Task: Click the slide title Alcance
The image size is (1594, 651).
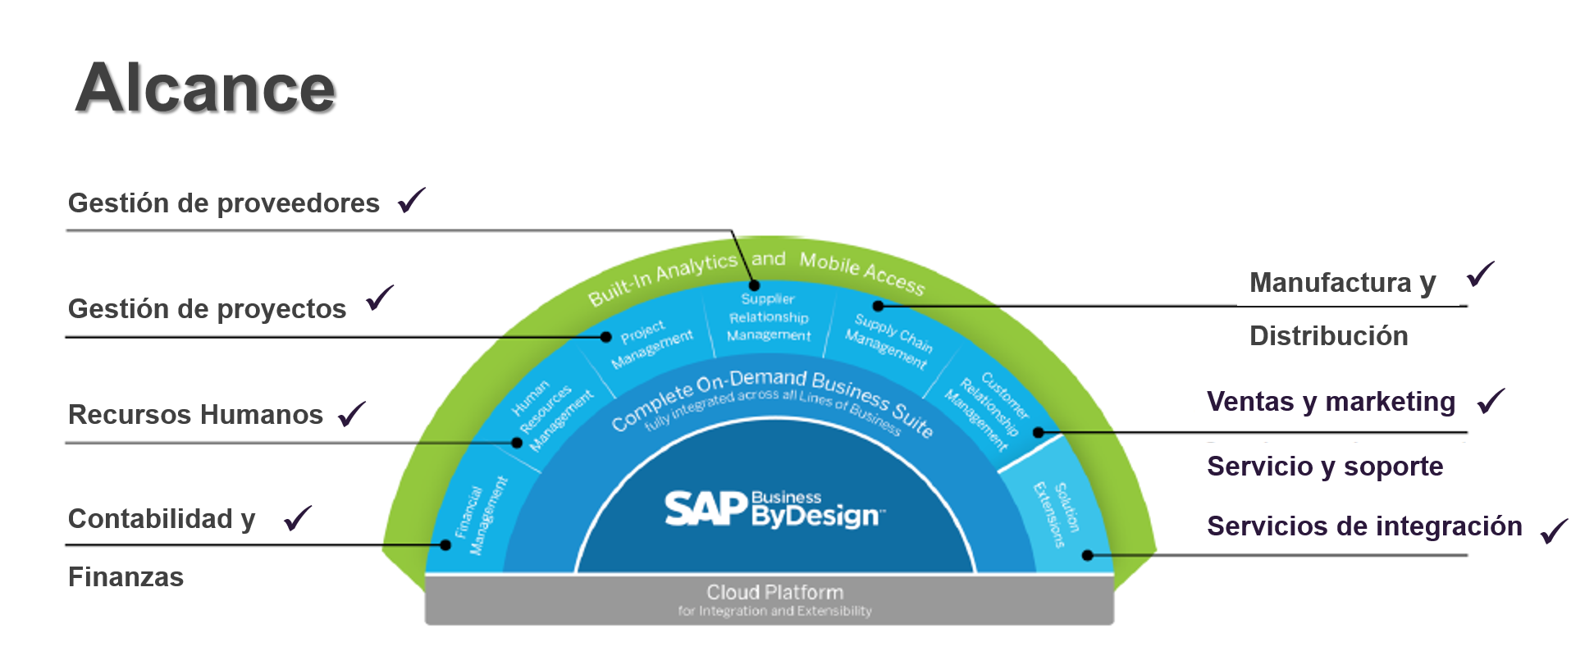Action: point(205,89)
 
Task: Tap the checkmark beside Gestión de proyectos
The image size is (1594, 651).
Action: point(380,298)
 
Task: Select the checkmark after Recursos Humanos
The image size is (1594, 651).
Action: point(352,414)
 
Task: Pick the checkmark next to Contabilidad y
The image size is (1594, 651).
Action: point(298,518)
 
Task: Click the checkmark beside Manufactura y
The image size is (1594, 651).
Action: point(1481,275)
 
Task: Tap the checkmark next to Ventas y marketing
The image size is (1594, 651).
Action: point(1491,401)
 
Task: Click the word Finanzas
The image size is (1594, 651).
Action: point(126,577)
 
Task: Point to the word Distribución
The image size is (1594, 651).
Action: point(1328,336)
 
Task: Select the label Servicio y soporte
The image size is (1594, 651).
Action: point(1324,467)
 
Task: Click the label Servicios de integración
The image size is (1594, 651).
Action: point(1363,526)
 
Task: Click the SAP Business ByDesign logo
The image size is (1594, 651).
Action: point(774,509)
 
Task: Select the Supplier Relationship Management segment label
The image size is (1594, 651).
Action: point(769,317)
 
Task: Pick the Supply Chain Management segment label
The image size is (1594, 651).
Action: point(889,340)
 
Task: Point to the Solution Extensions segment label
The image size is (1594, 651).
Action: point(1057,513)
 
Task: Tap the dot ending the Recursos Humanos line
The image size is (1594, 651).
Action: point(517,443)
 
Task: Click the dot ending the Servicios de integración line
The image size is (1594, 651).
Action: point(1088,555)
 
